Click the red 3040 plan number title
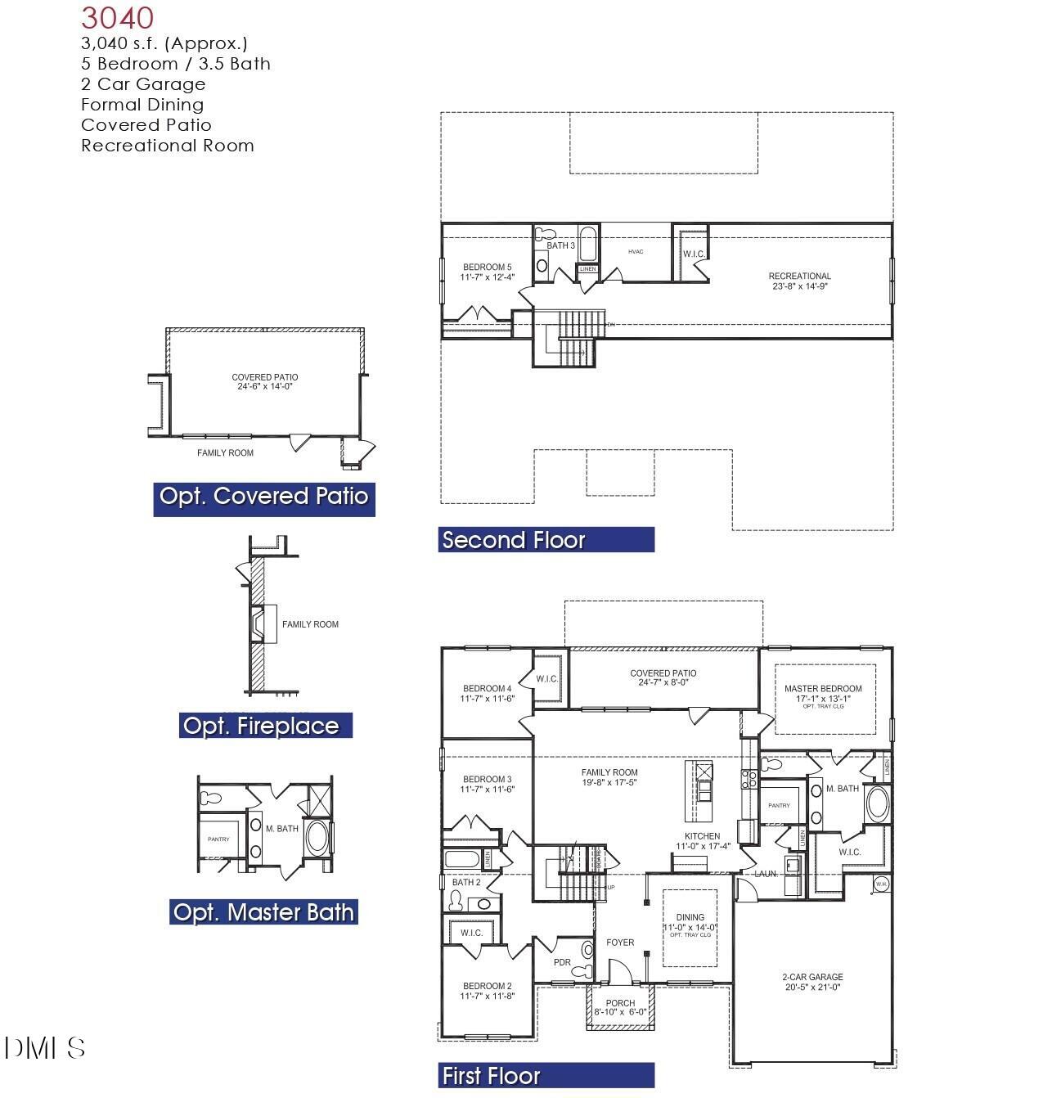coord(117,18)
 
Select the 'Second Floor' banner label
coord(513,540)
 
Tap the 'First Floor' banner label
coord(491,1076)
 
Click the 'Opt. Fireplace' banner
coord(261,726)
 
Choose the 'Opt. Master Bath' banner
coord(263,912)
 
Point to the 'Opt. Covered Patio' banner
coord(263,496)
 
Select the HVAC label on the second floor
coord(636,251)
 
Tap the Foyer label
coord(620,943)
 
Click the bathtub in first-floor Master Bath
coord(877,803)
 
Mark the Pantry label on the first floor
coord(779,806)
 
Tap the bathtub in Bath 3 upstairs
coord(587,243)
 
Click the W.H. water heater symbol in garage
coord(881,884)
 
